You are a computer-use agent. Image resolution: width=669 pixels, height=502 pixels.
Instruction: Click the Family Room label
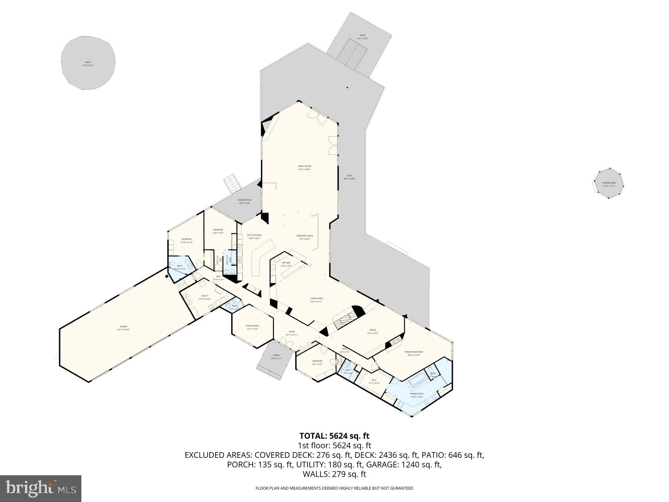pyautogui.click(x=304, y=166)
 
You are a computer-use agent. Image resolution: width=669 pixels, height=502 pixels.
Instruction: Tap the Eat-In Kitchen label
pyautogui.click(x=254, y=235)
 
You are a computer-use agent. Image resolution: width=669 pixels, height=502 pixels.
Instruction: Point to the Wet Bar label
pyautogui.click(x=285, y=263)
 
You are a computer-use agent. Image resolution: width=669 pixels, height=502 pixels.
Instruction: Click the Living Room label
pyautogui.click(x=316, y=299)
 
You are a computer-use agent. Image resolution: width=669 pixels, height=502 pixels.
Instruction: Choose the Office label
pyautogui.click(x=373, y=330)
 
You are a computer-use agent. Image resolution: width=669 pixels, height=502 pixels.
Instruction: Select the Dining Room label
pyautogui.click(x=252, y=326)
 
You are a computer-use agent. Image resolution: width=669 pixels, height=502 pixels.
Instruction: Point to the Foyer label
pyautogui.click(x=292, y=332)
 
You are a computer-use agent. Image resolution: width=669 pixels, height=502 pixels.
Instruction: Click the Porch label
pyautogui.click(x=276, y=355)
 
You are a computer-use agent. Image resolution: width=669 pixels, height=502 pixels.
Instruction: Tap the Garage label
pyautogui.click(x=123, y=326)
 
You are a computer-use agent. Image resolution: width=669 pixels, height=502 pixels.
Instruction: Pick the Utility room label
pyautogui.click(x=204, y=296)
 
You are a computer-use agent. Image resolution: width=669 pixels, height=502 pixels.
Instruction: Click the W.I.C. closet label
pyautogui.click(x=374, y=380)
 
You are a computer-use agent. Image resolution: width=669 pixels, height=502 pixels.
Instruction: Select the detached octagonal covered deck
pyautogui.click(x=609, y=183)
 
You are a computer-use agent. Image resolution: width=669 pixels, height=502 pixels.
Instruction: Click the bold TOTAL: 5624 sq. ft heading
pyautogui.click(x=334, y=436)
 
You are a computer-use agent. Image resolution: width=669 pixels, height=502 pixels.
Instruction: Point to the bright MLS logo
pyautogui.click(x=41, y=487)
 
